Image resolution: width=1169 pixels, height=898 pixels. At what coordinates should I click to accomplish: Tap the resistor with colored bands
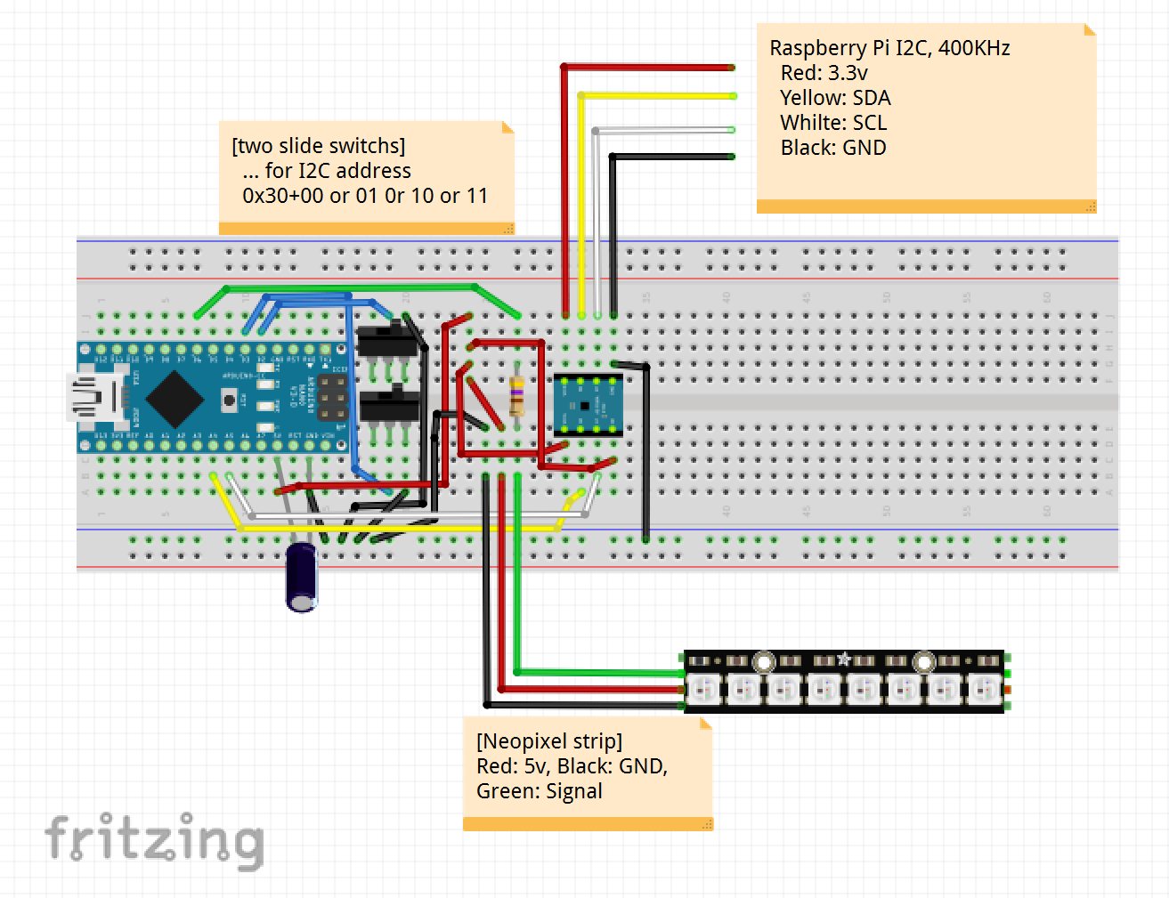tap(516, 397)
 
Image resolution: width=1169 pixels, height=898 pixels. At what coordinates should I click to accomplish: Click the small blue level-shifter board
tap(587, 405)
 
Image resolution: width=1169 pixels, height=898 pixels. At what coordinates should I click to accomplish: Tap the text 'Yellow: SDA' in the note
tap(835, 98)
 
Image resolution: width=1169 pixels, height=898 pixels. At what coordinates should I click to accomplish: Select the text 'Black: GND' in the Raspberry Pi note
tap(833, 148)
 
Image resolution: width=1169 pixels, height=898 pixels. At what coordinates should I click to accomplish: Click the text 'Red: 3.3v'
tap(824, 73)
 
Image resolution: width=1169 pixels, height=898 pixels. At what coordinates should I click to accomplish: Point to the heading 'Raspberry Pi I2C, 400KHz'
tap(889, 48)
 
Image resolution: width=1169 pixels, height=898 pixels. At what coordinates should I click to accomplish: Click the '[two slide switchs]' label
tap(318, 146)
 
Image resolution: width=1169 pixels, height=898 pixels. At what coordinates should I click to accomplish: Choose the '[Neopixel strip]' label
tap(549, 741)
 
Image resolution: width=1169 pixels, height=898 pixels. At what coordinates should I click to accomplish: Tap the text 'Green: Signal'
tap(540, 791)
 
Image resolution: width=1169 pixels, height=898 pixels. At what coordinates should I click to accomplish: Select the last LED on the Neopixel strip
tap(984, 689)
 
